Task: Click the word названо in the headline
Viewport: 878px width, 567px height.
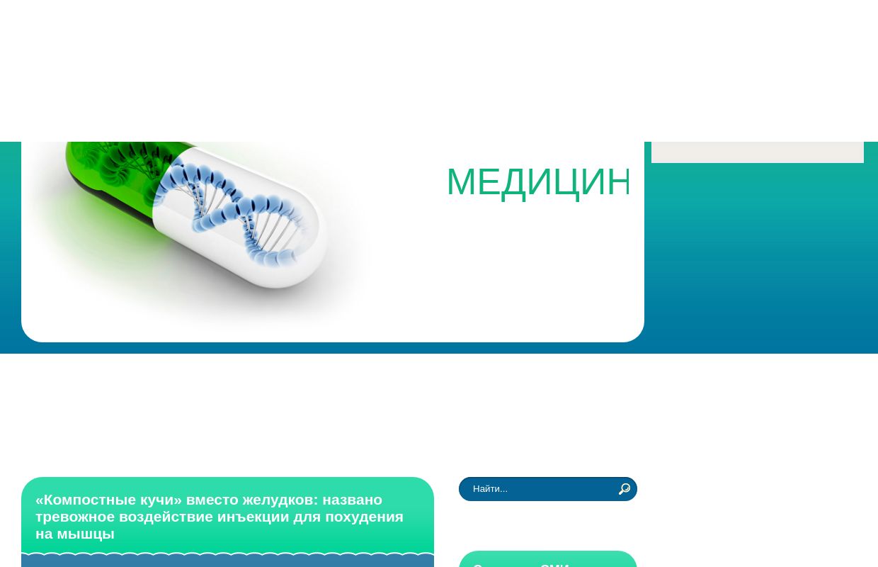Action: pyautogui.click(x=353, y=500)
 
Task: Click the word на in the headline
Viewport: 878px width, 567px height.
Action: pyautogui.click(x=44, y=534)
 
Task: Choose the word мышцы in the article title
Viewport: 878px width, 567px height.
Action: pyautogui.click(x=86, y=534)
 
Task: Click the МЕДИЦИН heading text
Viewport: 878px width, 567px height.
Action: pyautogui.click(x=538, y=182)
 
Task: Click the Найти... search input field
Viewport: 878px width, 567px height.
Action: pyautogui.click(x=538, y=489)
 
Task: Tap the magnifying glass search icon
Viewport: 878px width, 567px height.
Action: pyautogui.click(x=624, y=489)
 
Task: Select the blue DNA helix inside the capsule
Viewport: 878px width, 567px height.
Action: pyautogui.click(x=234, y=213)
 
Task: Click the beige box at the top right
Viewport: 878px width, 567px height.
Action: pyautogui.click(x=757, y=152)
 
